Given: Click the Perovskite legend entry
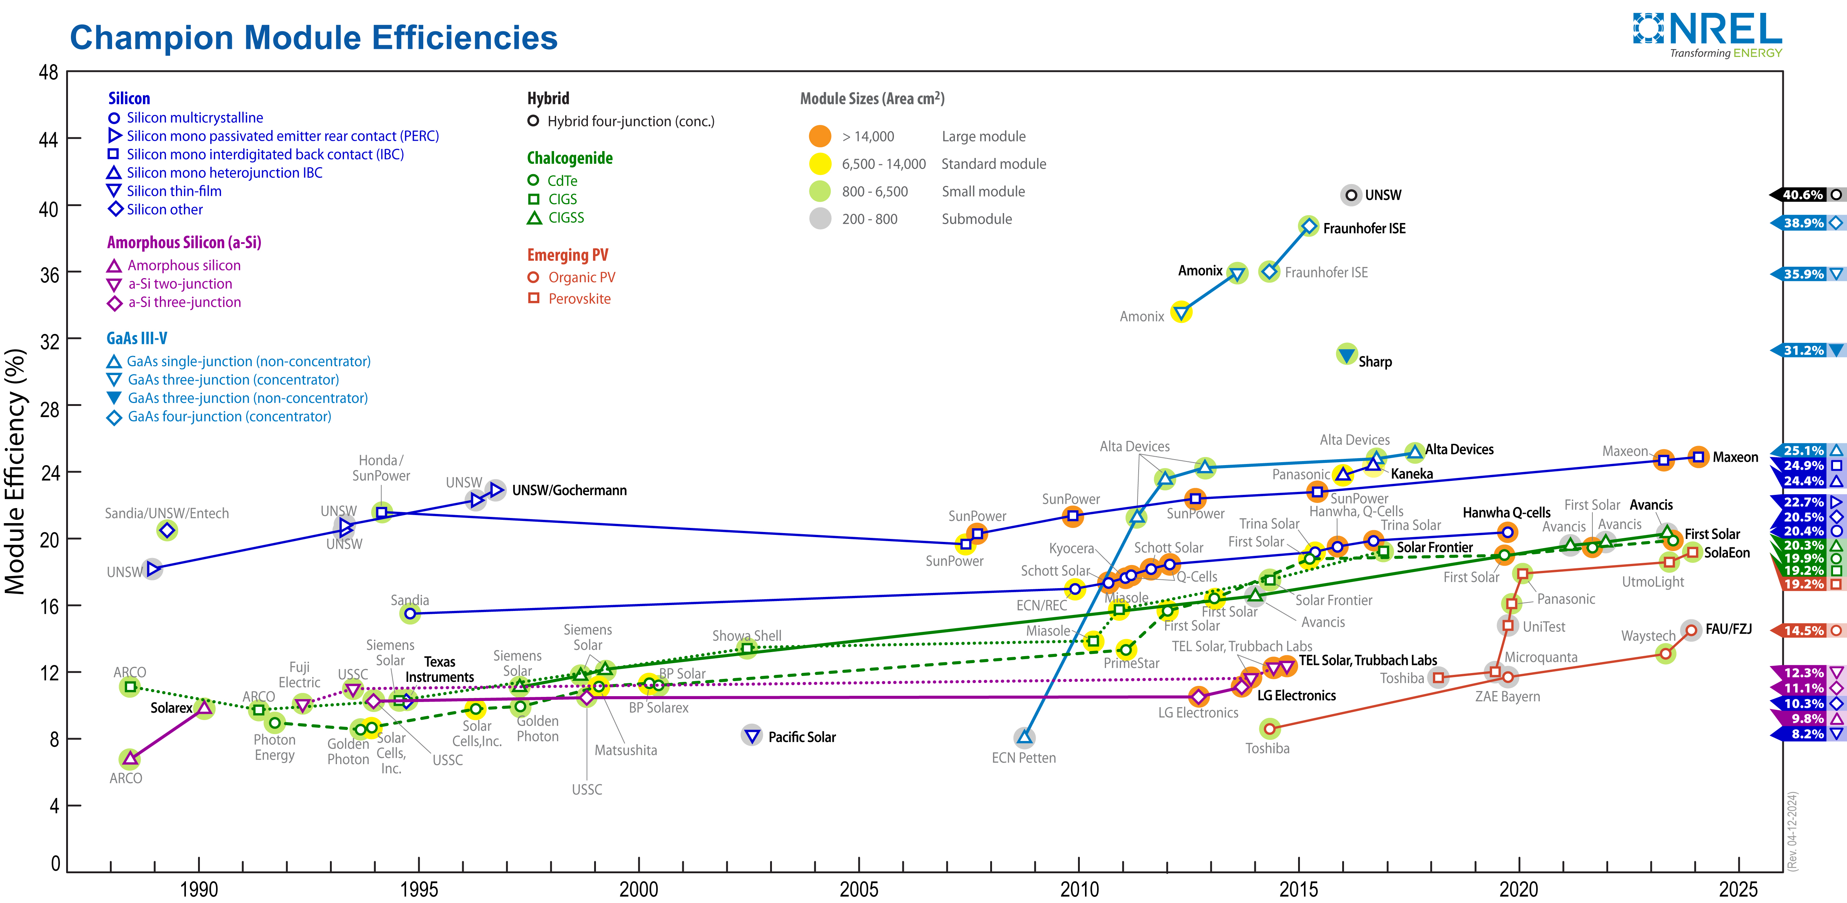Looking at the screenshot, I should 579,299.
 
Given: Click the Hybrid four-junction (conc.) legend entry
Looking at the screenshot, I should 630,121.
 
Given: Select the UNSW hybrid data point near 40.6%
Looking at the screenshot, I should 1351,195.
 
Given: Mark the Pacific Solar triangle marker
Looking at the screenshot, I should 751,735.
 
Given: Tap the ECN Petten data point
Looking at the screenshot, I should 1025,737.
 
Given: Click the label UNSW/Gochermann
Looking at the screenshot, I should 569,490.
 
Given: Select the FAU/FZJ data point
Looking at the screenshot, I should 1692,630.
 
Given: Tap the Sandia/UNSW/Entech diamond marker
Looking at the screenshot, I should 167,530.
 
